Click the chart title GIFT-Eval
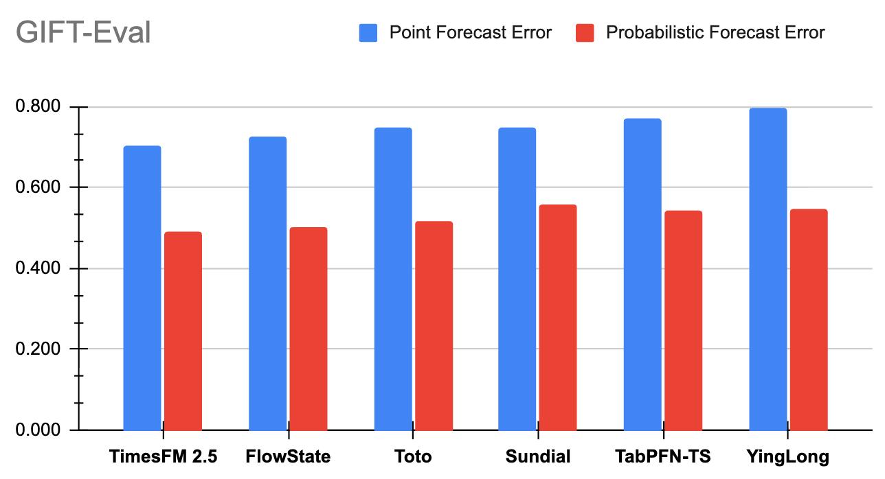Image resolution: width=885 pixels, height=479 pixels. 83,32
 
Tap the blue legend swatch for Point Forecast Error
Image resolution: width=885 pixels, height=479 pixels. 368,33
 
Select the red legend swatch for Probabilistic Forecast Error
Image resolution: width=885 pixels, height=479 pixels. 585,33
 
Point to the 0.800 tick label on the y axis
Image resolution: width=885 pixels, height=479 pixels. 38,106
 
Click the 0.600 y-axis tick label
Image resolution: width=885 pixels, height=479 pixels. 38,187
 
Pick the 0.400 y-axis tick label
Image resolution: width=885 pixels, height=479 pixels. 38,268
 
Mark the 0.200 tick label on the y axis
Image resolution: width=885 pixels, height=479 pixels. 38,349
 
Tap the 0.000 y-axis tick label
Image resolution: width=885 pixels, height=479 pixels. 38,430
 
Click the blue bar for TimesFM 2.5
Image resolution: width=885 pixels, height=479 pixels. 142,288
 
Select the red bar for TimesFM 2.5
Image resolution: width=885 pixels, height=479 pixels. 183,331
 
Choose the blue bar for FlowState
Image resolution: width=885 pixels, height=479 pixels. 267,283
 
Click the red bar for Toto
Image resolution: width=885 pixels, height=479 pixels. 434,326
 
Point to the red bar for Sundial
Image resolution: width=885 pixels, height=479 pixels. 558,318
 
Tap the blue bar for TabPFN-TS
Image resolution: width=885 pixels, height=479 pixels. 642,274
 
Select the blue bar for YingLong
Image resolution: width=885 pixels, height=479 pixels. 768,269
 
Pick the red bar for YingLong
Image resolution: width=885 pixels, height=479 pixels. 809,320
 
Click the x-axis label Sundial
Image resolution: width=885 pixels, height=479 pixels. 538,456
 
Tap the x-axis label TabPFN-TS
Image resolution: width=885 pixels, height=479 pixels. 663,456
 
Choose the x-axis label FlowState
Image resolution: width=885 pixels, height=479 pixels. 288,456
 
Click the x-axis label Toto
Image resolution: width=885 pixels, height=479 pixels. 413,456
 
